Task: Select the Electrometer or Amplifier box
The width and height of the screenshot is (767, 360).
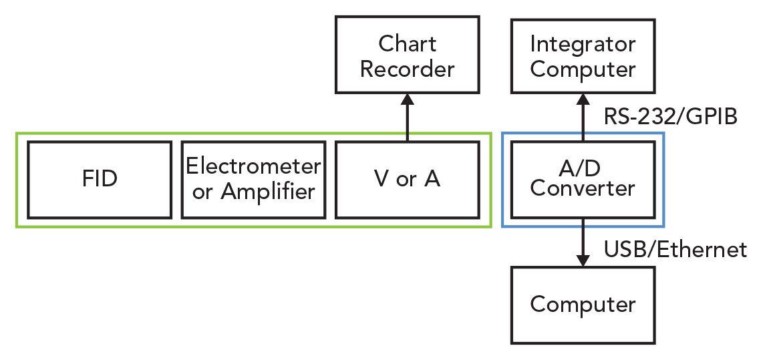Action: tap(253, 180)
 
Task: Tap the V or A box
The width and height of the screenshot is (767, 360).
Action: tap(406, 180)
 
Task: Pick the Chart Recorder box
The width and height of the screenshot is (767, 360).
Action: tap(407, 55)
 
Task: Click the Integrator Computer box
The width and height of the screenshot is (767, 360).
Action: tap(583, 55)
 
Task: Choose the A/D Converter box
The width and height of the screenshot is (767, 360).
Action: tap(583, 180)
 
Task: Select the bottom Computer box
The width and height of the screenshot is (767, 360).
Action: tap(583, 305)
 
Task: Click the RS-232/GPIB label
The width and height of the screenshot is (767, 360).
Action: tap(670, 117)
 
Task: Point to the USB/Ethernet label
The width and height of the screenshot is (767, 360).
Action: tap(675, 250)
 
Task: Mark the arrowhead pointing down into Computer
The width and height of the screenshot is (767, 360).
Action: tap(583, 260)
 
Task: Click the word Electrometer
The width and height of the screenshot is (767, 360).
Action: tap(253, 166)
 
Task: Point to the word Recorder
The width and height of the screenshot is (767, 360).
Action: tap(407, 69)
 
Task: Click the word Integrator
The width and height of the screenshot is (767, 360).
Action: tap(583, 44)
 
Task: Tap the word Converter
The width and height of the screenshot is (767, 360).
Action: tap(583, 189)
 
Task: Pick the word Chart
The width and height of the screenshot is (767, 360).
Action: tap(407, 44)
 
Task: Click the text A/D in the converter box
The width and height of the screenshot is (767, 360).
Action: tap(583, 168)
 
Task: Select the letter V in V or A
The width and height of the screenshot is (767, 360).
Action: tap(379, 180)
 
